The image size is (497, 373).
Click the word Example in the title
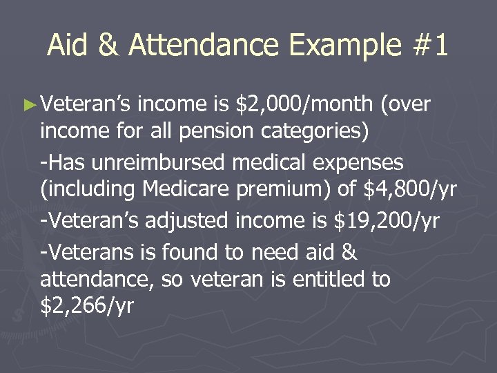pyautogui.click(x=344, y=46)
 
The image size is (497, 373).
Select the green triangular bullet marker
pyautogui.click(x=28, y=105)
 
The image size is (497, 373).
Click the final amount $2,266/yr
pyautogui.click(x=87, y=305)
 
